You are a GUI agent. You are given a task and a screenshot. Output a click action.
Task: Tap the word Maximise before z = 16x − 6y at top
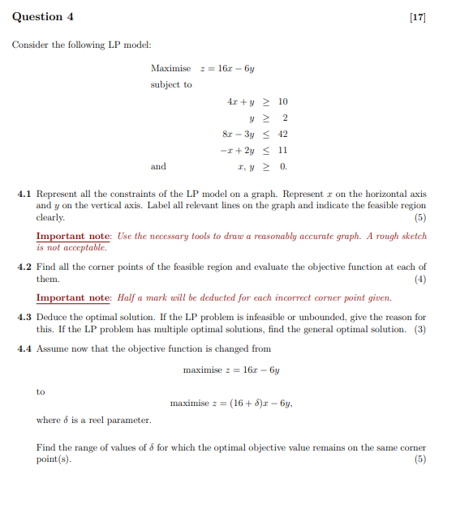click(x=171, y=68)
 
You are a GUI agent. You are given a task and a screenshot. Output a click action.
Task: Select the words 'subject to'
click(x=171, y=84)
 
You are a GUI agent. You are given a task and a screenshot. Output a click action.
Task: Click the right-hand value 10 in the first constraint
click(x=282, y=101)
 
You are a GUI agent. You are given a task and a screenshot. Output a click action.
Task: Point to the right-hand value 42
click(x=282, y=134)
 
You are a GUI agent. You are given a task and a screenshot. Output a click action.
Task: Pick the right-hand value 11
click(x=282, y=150)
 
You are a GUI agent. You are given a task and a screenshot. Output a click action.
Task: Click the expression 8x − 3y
click(x=239, y=134)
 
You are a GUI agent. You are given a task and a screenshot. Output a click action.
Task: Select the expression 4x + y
click(x=243, y=101)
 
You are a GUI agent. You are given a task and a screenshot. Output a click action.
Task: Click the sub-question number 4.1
click(x=24, y=195)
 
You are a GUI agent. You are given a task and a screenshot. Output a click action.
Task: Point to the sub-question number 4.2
click(x=24, y=267)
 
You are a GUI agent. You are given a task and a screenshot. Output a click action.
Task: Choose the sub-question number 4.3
click(x=24, y=317)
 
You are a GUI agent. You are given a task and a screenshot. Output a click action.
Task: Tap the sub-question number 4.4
click(x=24, y=348)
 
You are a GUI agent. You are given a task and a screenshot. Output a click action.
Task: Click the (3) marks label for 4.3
click(x=419, y=329)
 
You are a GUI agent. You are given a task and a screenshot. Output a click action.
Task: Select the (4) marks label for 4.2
click(x=419, y=279)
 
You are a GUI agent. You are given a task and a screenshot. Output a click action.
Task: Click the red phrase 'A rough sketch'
click(x=398, y=236)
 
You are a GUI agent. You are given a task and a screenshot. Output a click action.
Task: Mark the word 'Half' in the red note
click(x=126, y=297)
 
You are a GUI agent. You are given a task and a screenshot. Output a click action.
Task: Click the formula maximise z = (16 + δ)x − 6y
click(x=231, y=403)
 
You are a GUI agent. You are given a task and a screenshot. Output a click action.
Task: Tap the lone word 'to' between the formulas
click(x=41, y=391)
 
